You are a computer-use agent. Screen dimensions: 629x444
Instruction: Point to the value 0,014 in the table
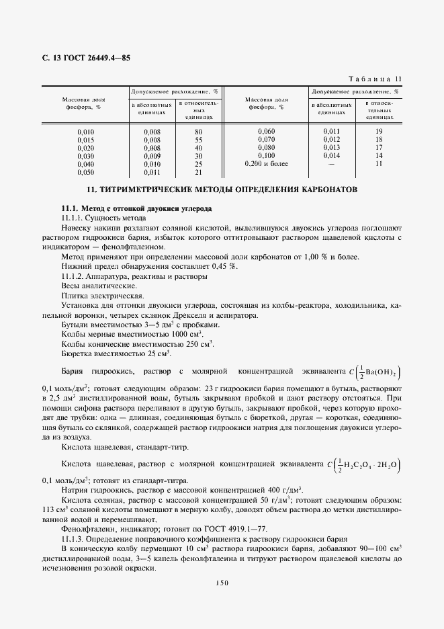tap(331, 155)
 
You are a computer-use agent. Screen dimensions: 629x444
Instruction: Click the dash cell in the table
tap(331, 163)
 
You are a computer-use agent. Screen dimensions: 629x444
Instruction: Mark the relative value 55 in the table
tap(198, 139)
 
